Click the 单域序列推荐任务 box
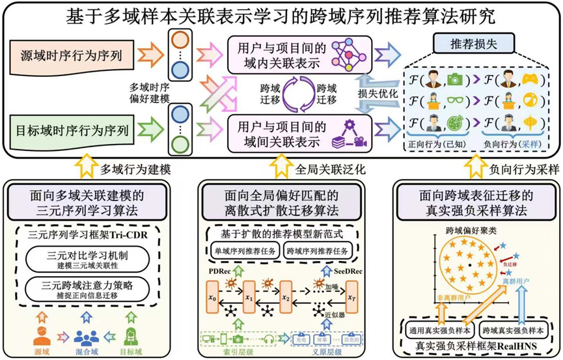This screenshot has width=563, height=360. click(243, 251)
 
